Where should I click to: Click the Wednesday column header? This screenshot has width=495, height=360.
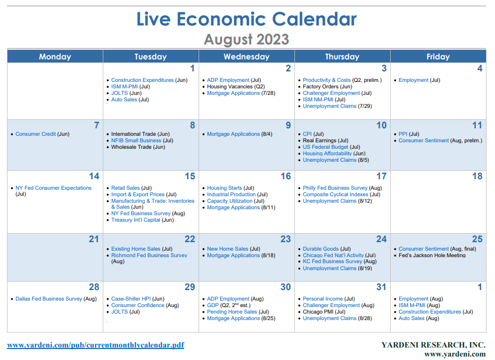tap(247, 56)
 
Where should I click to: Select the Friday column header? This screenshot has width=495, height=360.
tap(438, 56)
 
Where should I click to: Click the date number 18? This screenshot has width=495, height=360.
tap(477, 176)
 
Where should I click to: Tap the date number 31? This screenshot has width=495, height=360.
tap(381, 287)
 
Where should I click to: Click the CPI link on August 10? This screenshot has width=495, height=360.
tap(307, 134)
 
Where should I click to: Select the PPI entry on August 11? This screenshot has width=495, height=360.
tap(403, 134)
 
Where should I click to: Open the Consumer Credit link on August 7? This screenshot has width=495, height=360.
tap(35, 134)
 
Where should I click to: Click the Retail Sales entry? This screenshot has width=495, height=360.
tap(125, 188)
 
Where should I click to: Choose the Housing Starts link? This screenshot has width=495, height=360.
tap(225, 188)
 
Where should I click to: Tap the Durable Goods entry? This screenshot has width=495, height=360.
tap(321, 249)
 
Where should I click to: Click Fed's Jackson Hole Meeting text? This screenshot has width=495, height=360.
tap(432, 255)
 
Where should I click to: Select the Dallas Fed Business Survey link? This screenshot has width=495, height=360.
tap(48, 299)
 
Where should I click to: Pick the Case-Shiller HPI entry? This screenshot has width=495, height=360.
tap(131, 299)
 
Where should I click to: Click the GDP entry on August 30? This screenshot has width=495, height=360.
tap(213, 305)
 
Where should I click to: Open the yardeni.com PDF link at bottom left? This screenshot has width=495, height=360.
tap(95, 345)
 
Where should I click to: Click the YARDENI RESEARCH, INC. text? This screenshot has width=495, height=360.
tap(433, 345)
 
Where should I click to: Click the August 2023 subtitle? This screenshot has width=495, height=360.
tap(247, 39)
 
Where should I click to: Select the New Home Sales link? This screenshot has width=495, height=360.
tap(228, 249)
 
